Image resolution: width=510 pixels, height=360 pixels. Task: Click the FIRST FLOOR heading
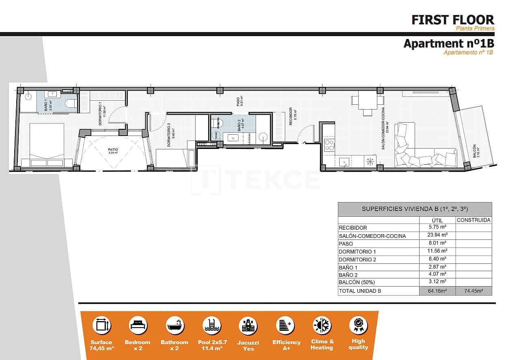pyautogui.click(x=453, y=19)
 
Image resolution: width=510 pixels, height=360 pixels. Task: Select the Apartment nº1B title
pyautogui.click(x=448, y=43)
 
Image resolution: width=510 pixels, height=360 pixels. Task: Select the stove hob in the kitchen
pyautogui.click(x=329, y=145)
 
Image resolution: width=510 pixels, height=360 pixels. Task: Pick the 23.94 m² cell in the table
pyautogui.click(x=437, y=235)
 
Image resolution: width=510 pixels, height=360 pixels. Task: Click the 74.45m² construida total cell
pyautogui.click(x=473, y=291)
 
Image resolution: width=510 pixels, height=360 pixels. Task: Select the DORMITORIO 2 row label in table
pyautogui.click(x=357, y=259)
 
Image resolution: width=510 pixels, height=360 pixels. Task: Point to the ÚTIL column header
pyautogui.click(x=437, y=220)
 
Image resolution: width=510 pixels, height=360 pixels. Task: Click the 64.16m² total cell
pyautogui.click(x=437, y=291)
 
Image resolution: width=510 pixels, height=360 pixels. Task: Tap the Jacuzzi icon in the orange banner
pyautogui.click(x=249, y=326)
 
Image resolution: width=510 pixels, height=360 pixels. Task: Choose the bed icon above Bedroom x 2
pyautogui.click(x=138, y=326)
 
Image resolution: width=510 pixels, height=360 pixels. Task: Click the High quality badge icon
pyautogui.click(x=358, y=325)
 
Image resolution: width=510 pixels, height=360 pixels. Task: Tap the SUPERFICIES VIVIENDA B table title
pyautogui.click(x=415, y=209)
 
